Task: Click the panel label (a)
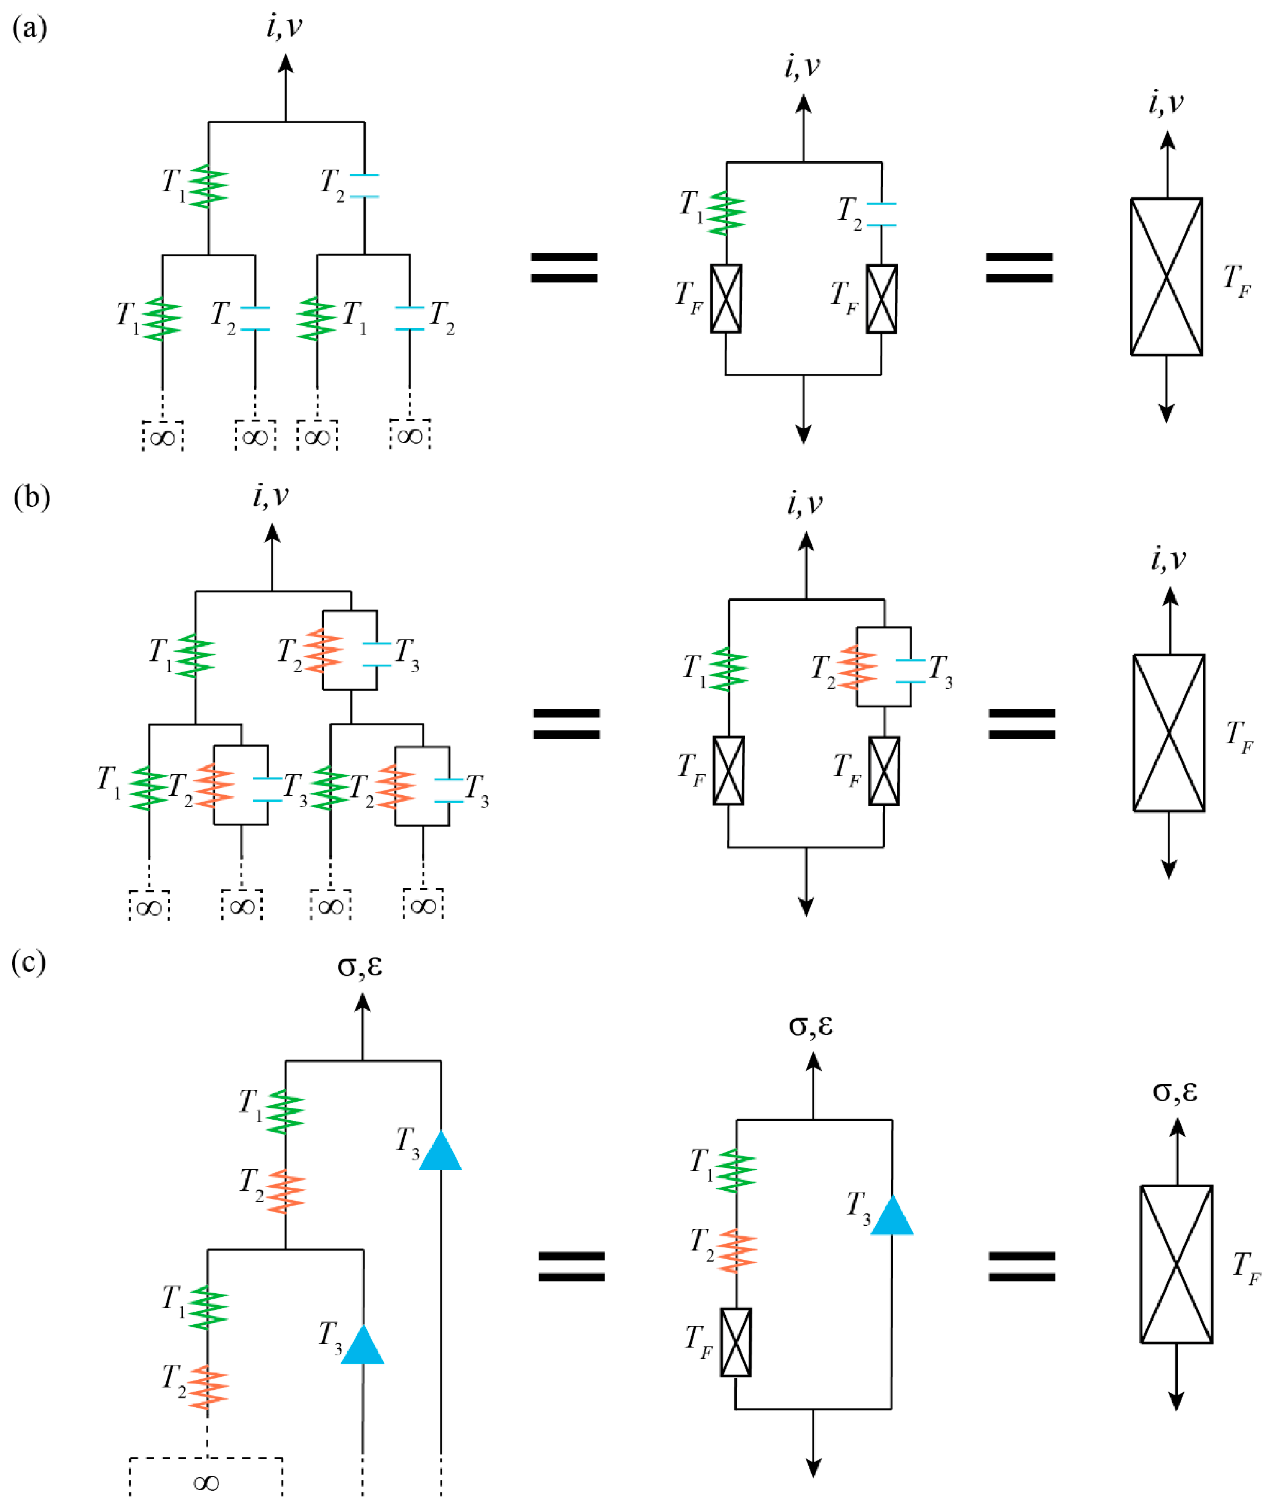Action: click(x=30, y=29)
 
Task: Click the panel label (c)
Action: click(x=29, y=962)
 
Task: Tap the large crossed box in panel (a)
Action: click(x=1166, y=277)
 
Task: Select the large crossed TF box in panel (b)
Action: click(x=1169, y=733)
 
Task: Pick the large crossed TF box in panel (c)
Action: click(x=1177, y=1265)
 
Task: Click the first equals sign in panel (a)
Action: click(x=564, y=267)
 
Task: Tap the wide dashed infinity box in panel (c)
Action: click(x=206, y=1480)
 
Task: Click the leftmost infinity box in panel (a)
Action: click(x=162, y=436)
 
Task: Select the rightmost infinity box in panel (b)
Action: click(x=423, y=905)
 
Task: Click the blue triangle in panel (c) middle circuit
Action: click(x=892, y=1215)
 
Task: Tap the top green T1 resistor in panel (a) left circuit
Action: click(x=208, y=187)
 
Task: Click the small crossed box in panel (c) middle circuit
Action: click(x=736, y=1342)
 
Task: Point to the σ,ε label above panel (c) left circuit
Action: click(x=360, y=966)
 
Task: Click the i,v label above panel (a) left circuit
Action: click(x=284, y=27)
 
